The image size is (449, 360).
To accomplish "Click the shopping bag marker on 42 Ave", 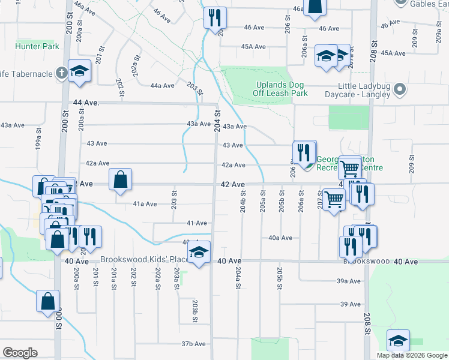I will point(121,179).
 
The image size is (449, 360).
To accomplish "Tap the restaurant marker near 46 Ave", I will point(214,18).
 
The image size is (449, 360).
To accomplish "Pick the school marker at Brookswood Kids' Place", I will point(199,253).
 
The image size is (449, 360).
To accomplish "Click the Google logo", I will point(20,353).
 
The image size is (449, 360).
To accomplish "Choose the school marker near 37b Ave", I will point(397,341).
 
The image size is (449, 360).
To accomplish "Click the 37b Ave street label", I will point(194,344).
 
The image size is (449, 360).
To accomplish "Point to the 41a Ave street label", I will point(145,204).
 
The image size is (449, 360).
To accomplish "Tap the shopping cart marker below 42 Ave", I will point(334,199).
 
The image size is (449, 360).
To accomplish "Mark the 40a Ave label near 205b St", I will point(280,238).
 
